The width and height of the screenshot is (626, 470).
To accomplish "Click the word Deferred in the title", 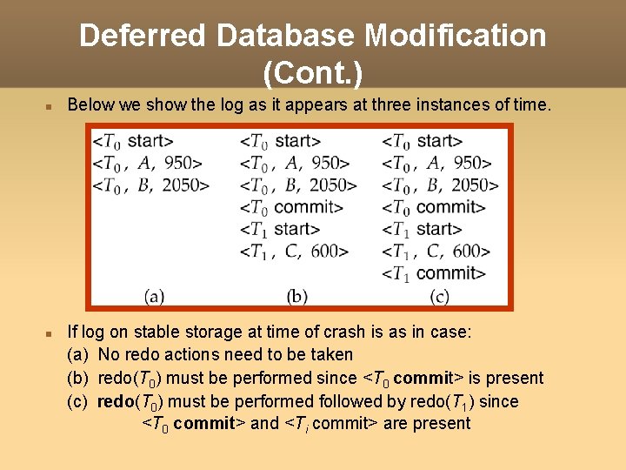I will tap(143, 36).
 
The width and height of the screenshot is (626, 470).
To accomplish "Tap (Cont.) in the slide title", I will tap(313, 73).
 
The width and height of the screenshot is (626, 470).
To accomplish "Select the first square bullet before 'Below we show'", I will tap(50, 106).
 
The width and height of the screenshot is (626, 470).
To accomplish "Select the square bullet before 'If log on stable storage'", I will tap(50, 332).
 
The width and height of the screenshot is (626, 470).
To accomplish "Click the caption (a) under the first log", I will tap(154, 296).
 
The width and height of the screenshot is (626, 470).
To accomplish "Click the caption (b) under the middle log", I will tap(297, 296).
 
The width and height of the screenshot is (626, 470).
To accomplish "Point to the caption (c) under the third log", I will tap(439, 296).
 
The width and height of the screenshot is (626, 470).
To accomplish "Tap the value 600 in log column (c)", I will tap(470, 251).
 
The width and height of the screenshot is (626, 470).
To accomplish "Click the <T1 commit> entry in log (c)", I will tap(434, 273).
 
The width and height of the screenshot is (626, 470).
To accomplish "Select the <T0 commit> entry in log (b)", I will tap(291, 207).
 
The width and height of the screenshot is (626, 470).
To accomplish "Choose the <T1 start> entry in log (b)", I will tap(280, 229).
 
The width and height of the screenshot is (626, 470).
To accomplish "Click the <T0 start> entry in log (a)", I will tap(133, 140).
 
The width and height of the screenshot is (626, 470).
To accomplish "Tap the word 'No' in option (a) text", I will tap(109, 354).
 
